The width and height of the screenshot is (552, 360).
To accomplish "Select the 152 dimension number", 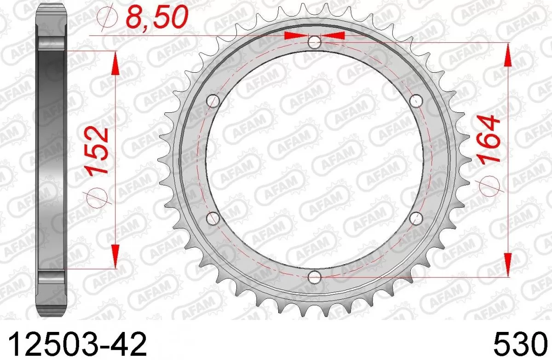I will (x=98, y=150).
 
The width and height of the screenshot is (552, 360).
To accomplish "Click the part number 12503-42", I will (x=78, y=343).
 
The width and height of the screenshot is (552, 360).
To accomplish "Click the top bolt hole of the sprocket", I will (x=315, y=43).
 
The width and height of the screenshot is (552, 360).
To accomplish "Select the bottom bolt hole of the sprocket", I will (x=315, y=277).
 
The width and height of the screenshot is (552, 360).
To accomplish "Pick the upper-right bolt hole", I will (x=416, y=100).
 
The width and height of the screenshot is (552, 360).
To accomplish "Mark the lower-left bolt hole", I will (x=213, y=219).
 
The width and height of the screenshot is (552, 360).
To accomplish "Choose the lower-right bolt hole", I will (x=416, y=219).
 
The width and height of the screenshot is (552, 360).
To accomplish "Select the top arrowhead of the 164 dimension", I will (x=508, y=55).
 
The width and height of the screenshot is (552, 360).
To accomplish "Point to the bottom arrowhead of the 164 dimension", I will (x=508, y=265).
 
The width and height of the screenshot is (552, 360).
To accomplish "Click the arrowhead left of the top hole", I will (x=297, y=36).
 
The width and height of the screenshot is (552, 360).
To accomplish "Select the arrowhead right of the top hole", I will (x=333, y=36).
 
